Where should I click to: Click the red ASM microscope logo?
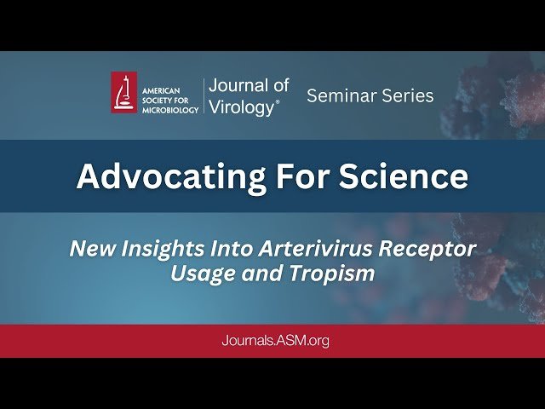pos(124,92)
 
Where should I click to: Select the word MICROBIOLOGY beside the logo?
pos(170,109)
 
